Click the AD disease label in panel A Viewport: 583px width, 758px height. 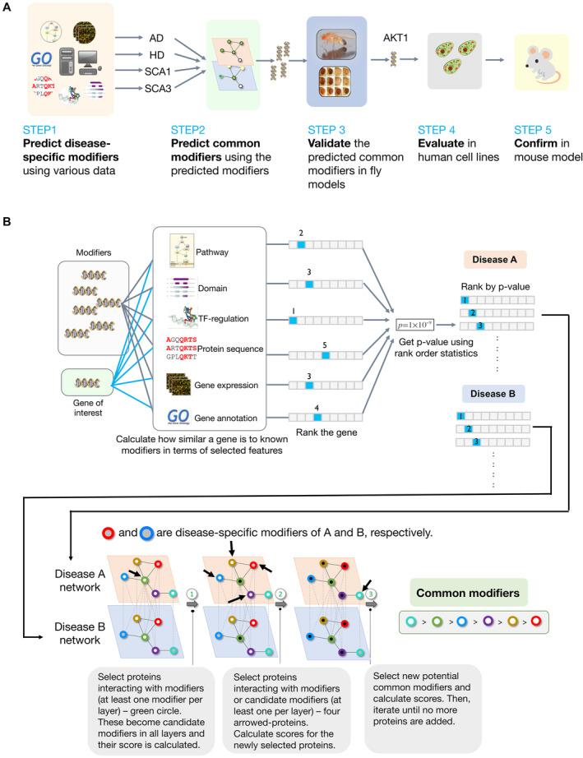click(158, 38)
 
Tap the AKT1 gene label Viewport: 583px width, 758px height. click(396, 37)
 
